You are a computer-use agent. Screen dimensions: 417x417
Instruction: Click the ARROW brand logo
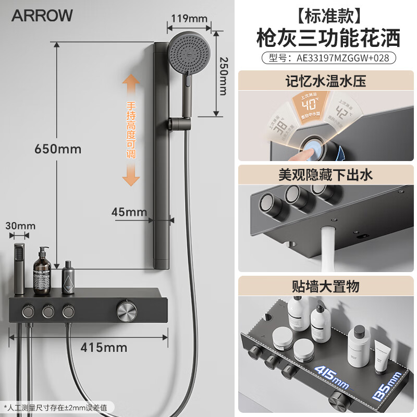pyautogui.click(x=42, y=16)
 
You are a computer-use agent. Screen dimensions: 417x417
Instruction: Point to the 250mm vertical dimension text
pyautogui.click(x=223, y=75)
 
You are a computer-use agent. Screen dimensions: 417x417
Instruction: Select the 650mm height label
pyautogui.click(x=58, y=149)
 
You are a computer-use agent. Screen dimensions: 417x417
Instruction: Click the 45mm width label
pyautogui.click(x=129, y=212)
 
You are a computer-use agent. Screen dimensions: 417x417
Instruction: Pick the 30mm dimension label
pyautogui.click(x=20, y=226)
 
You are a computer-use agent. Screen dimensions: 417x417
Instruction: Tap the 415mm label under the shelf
pyautogui.click(x=104, y=347)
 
